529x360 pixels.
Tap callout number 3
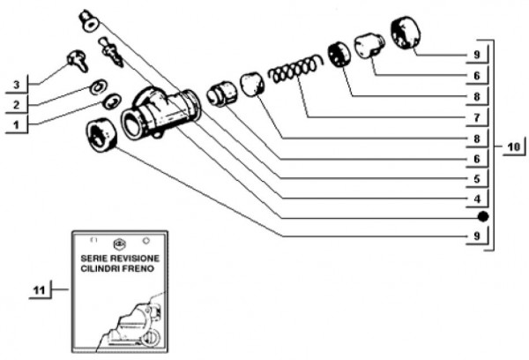[x=17, y=85]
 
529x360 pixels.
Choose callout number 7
[x=474, y=116]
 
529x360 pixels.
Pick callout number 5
[x=474, y=177]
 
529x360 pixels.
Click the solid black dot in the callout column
[x=481, y=217]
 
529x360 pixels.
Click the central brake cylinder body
[x=164, y=112]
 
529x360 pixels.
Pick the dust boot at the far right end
[x=406, y=34]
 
